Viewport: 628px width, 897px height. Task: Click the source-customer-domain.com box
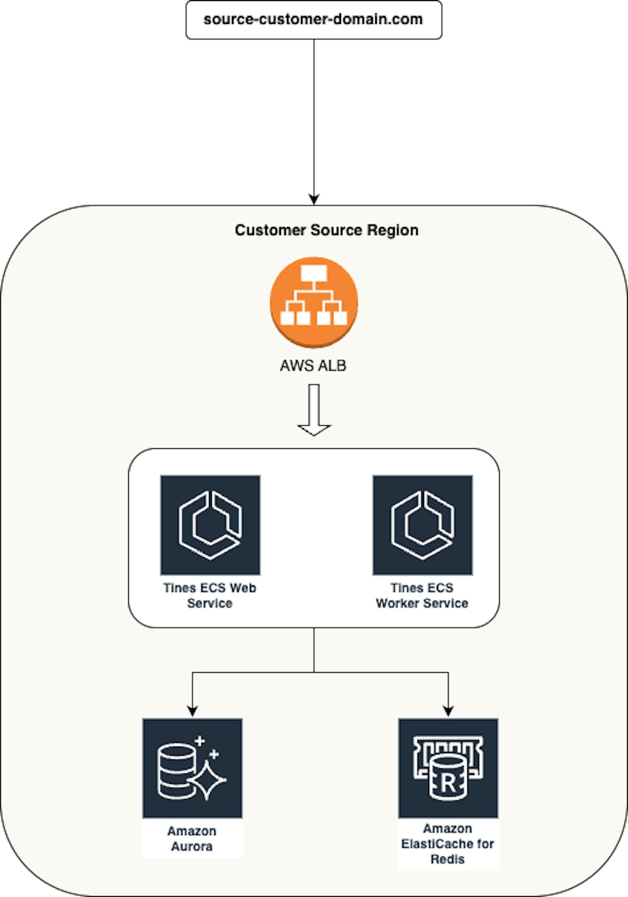pos(314,20)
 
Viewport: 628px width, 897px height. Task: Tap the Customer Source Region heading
pos(327,230)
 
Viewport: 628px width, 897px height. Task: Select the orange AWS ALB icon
pos(314,302)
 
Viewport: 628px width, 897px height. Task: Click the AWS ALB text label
pos(313,366)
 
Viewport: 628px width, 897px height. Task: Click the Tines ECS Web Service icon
pos(210,525)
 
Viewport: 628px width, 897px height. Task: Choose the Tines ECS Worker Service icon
pos(422,525)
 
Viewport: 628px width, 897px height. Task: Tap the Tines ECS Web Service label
pos(210,595)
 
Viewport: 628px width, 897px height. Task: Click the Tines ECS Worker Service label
pos(422,595)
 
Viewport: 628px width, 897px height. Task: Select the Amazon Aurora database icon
pos(192,768)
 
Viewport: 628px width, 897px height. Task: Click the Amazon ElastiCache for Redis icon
pos(448,768)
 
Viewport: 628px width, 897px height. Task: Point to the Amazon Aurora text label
pos(192,839)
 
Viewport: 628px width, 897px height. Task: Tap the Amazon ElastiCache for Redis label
pos(448,844)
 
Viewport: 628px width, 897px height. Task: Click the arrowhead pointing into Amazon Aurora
pos(192,711)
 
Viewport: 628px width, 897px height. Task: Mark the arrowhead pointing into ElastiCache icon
pos(448,711)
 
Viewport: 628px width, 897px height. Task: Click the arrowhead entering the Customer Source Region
pos(314,199)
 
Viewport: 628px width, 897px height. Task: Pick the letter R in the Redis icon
pos(448,783)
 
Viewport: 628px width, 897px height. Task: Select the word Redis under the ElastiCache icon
pos(448,859)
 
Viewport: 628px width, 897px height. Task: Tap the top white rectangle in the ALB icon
pos(314,273)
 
